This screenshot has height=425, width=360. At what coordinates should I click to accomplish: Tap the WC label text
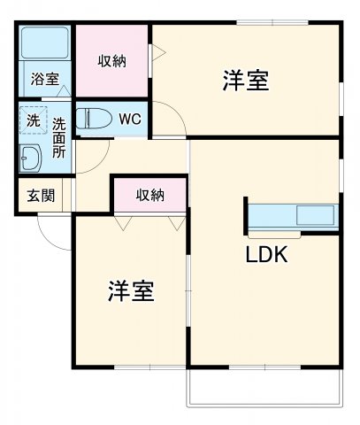(129, 118)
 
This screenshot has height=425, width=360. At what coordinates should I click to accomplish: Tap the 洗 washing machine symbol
(33, 120)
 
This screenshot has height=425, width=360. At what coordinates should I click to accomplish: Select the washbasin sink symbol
(32, 159)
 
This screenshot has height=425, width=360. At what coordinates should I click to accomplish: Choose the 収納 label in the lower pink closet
(149, 195)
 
